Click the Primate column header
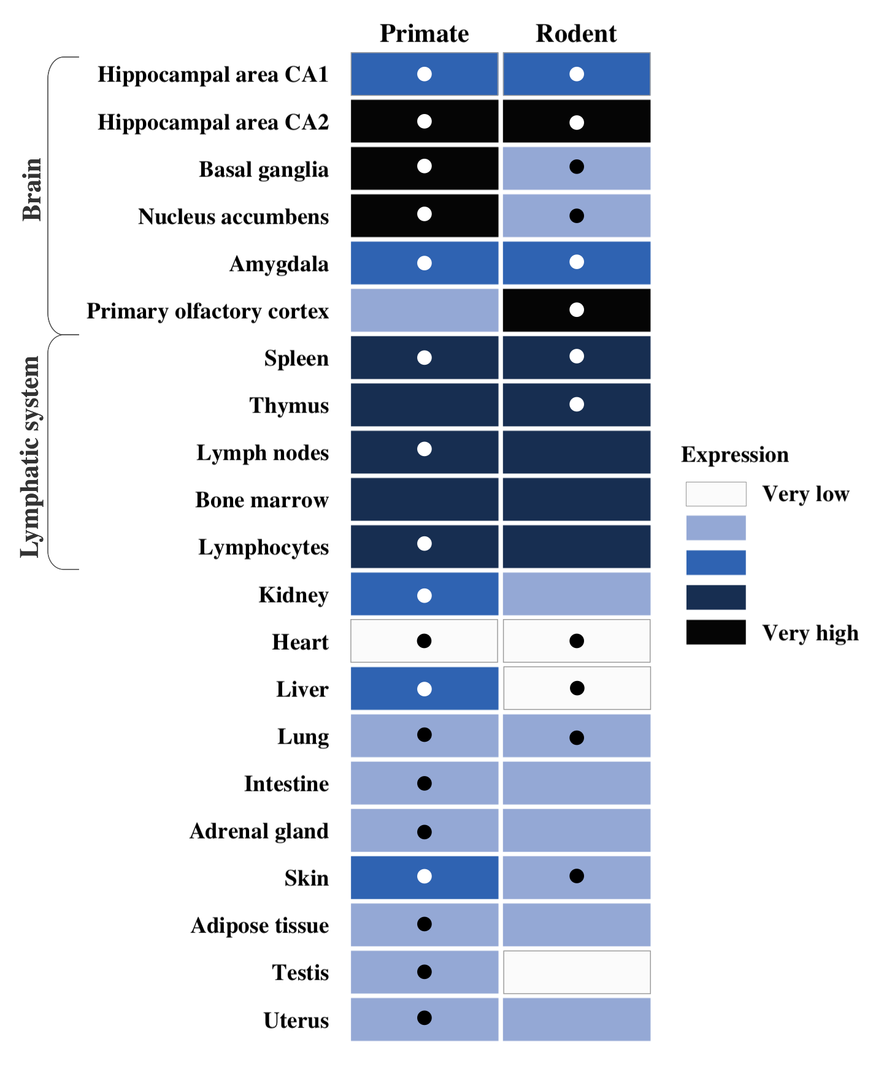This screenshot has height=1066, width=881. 424,33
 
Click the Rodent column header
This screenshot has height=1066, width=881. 575,33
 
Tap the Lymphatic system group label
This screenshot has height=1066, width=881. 30,457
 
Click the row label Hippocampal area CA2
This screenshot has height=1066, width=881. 213,122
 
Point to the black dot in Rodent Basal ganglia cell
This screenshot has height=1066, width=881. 576,167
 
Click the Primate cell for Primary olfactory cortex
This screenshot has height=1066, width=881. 424,310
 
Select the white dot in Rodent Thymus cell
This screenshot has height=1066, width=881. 576,404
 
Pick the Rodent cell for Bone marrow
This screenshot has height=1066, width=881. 576,499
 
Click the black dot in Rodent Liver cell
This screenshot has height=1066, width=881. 577,688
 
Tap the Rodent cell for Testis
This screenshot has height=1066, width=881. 576,972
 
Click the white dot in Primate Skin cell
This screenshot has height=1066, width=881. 424,876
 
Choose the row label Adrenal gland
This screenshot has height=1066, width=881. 259,831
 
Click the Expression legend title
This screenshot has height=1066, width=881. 734,455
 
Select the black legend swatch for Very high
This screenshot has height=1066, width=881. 715,632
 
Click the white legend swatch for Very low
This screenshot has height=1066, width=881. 715,493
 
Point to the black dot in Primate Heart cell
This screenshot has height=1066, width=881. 424,641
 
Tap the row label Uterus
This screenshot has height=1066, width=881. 296,1020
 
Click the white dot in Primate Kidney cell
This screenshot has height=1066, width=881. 424,595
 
